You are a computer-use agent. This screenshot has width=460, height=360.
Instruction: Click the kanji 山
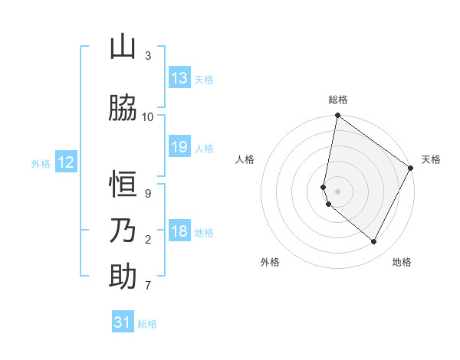pos(123,47)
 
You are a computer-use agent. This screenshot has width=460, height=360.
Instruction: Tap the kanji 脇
pos(123,109)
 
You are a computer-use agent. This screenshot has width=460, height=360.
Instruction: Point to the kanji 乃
pos(123,231)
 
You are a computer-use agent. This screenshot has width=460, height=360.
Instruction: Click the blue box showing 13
pos(179,78)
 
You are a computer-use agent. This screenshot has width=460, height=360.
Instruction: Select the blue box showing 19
pos(179,147)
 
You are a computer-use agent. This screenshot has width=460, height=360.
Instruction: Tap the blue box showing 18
pos(179,231)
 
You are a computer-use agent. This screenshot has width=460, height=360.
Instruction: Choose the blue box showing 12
pos(66,162)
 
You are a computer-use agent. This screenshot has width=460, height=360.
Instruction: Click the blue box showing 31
pos(123,322)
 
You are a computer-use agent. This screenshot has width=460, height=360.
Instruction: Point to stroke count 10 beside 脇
pos(148,117)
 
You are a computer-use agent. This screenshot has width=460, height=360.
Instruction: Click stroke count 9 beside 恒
pos(148,194)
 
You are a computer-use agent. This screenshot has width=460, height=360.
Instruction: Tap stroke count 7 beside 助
pos(148,286)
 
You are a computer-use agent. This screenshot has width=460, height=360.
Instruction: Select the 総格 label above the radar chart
pos(338,100)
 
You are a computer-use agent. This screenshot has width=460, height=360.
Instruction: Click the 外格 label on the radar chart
pos(270,263)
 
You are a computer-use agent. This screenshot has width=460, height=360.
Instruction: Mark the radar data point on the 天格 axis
pos(411,169)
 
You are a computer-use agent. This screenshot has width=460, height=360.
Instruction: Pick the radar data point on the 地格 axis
pos(373,242)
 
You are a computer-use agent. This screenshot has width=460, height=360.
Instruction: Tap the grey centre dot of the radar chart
pos(338,191)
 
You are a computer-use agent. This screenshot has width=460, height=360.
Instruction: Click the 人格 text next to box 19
pos(204,148)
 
